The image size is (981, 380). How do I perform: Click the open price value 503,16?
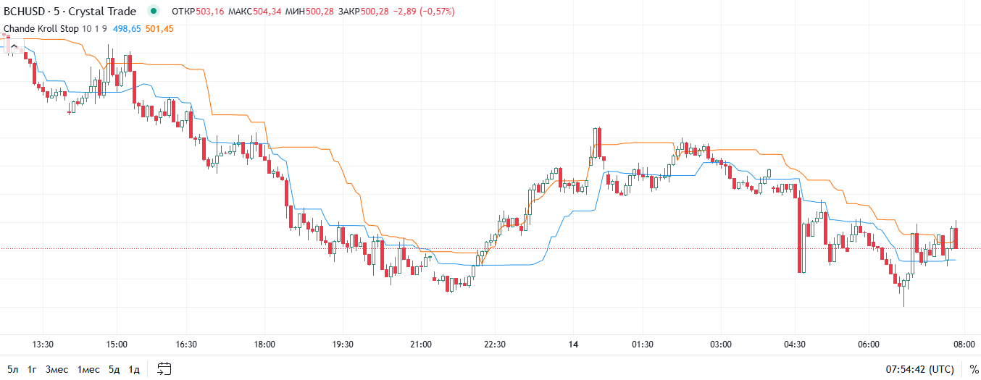click(x=211, y=12)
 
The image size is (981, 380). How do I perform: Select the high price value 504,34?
click(x=267, y=12)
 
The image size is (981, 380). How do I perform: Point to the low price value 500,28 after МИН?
click(x=320, y=12)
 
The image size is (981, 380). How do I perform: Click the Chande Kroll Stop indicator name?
click(x=41, y=28)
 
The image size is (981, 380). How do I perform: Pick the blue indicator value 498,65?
click(x=126, y=28)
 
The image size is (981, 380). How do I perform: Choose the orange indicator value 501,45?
click(x=159, y=28)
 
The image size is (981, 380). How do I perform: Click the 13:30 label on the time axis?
click(x=43, y=345)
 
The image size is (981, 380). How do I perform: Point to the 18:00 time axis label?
click(x=265, y=345)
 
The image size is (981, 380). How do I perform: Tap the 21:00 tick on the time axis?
click(x=420, y=345)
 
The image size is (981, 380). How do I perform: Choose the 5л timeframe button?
click(x=12, y=369)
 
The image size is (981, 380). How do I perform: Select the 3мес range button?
click(x=57, y=369)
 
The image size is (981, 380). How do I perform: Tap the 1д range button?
click(x=134, y=369)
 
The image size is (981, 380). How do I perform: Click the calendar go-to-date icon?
click(x=164, y=369)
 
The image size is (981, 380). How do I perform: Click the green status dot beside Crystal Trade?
click(x=153, y=12)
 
